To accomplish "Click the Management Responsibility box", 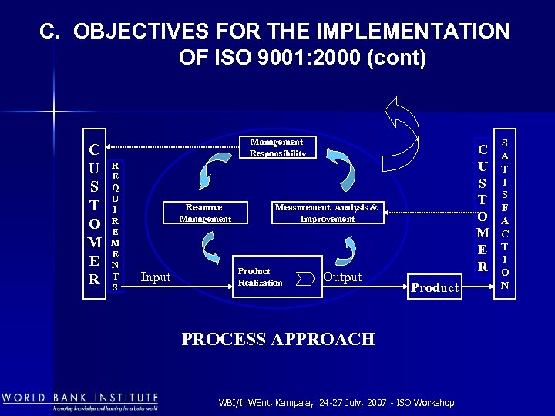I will tap(277, 148).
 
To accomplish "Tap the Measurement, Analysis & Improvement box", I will tap(327, 213).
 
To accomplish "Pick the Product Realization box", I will tap(265, 277).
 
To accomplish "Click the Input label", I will tap(156, 277).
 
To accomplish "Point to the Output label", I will tap(342, 277).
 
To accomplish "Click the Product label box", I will tap(435, 287).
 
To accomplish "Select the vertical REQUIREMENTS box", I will tap(115, 226).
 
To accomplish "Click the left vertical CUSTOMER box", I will tap(94, 214).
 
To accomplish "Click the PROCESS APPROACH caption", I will tap(277, 339).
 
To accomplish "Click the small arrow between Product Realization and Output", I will tap(310, 277).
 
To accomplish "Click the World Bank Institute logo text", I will tap(79, 398).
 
